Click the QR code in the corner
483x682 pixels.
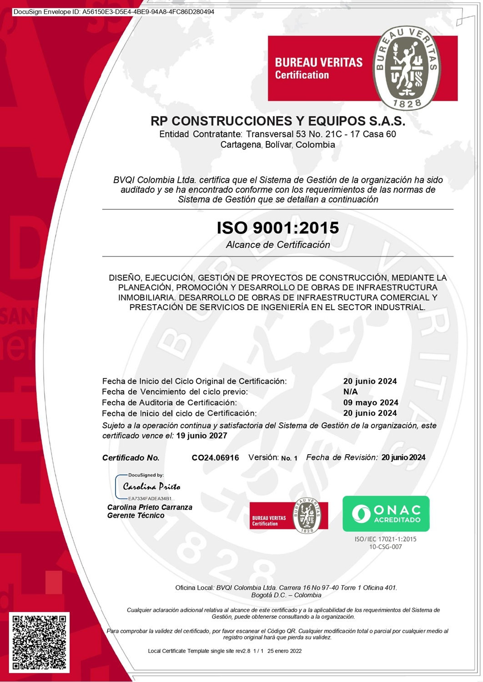(x=39, y=642)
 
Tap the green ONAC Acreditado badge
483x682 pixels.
(x=386, y=513)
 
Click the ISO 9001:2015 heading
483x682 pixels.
(x=277, y=227)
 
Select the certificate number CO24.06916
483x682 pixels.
(x=215, y=458)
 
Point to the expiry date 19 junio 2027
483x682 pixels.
(x=201, y=436)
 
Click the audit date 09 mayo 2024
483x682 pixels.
(x=371, y=402)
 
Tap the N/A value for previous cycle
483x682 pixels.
(x=350, y=391)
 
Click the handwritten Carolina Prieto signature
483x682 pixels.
(x=151, y=486)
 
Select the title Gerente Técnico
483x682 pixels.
(x=136, y=516)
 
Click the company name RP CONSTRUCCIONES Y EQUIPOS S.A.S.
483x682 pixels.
(x=277, y=121)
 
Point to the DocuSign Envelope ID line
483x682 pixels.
(x=114, y=12)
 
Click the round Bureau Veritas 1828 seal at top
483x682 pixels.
(x=407, y=67)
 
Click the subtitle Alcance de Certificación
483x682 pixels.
(x=278, y=245)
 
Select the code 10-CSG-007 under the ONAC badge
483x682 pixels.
(x=385, y=547)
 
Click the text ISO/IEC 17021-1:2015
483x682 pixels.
(x=385, y=539)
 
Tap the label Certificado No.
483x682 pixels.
(x=131, y=458)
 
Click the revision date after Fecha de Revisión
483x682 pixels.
(x=403, y=457)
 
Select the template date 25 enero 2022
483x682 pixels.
(x=284, y=651)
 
